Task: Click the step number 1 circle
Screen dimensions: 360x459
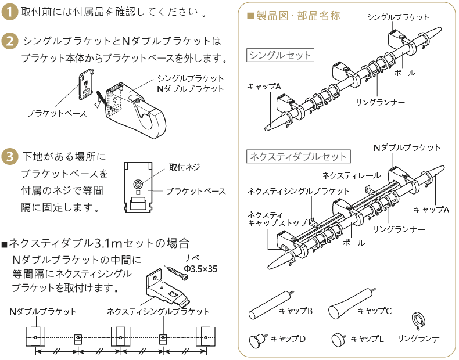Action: coord(10,12)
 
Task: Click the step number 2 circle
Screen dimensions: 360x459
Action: coord(10,41)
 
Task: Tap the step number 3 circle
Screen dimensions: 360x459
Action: coord(10,157)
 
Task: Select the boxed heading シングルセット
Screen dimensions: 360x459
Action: coord(281,56)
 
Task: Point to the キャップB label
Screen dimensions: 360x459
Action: coord(296,311)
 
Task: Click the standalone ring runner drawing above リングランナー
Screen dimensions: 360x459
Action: coord(418,319)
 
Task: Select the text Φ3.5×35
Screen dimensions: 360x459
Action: coord(200,268)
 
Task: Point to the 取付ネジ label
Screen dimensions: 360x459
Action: coord(184,167)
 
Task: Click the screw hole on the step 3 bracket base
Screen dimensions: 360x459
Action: coord(138,185)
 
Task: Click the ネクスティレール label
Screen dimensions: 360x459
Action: coord(351,175)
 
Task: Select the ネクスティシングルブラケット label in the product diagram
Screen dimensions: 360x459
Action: coord(299,190)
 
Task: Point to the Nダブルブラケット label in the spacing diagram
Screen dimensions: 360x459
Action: coord(43,312)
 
